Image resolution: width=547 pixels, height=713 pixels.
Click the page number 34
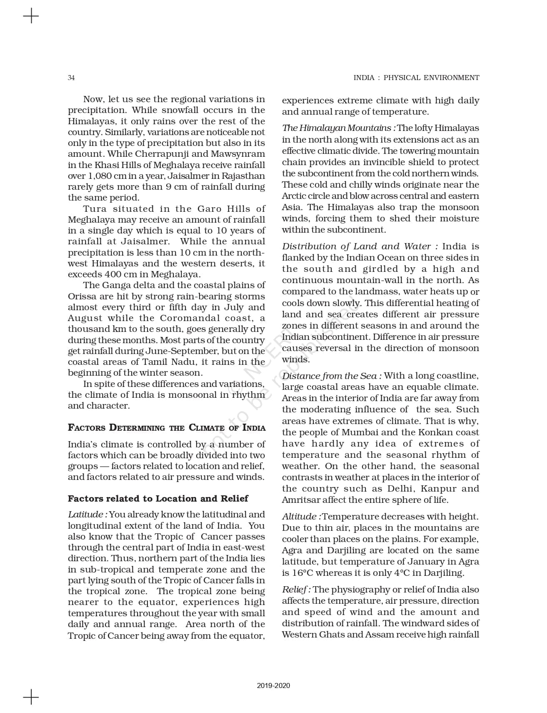[x=71, y=78]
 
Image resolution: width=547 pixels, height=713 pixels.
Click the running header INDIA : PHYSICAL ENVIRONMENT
[x=416, y=78]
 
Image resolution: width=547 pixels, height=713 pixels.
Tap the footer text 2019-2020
[x=273, y=685]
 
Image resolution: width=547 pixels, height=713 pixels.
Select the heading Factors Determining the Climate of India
[x=166, y=428]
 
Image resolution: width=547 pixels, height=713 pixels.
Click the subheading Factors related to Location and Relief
[x=158, y=499]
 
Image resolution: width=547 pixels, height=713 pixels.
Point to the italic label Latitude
[x=86, y=515]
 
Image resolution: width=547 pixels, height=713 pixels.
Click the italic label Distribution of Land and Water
[x=360, y=246]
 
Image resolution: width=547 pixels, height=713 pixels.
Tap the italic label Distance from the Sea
[x=332, y=376]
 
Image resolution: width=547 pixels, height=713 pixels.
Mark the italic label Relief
[x=296, y=590]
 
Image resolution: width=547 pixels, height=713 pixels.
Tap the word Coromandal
[x=190, y=318]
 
